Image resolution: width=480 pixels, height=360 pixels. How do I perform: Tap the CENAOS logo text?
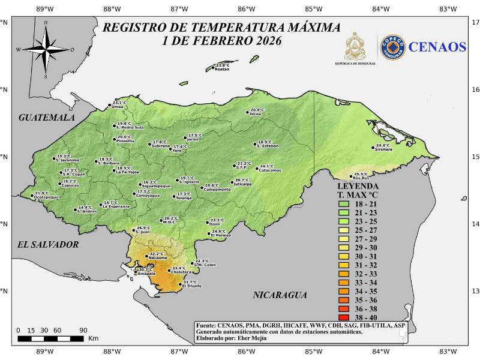(x=438, y=47)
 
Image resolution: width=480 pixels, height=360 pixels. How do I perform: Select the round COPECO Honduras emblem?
(x=393, y=47)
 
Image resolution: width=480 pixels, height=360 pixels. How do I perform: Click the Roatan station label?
(x=222, y=69)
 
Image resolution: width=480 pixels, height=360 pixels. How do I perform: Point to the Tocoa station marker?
(x=247, y=112)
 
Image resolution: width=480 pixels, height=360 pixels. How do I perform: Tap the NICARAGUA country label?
(x=280, y=295)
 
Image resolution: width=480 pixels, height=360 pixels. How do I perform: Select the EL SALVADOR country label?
(x=48, y=245)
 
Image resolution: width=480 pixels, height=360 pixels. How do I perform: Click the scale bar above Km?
(x=50, y=338)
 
